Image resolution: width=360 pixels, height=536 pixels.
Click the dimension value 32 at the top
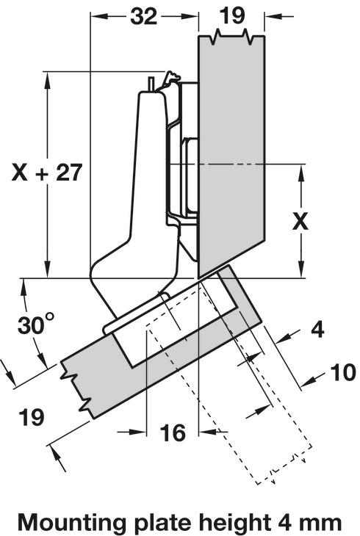point(144,15)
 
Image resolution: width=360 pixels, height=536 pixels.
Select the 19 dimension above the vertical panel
point(232,15)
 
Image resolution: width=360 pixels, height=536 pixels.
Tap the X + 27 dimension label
point(47,173)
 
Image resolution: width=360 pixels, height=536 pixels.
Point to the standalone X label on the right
point(300,222)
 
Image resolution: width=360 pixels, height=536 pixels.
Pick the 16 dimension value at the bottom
point(173,432)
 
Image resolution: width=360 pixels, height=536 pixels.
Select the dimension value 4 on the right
point(317,330)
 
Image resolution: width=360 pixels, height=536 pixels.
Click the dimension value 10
point(344,372)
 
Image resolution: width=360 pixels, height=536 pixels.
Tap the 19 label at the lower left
point(32,417)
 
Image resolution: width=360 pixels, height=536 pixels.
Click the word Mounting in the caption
point(72,523)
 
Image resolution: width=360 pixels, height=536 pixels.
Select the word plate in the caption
point(162,523)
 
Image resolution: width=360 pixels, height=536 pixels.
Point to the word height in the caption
point(234,523)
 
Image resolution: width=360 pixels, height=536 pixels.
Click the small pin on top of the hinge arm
point(151,84)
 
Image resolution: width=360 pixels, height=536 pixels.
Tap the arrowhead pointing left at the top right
point(274,15)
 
